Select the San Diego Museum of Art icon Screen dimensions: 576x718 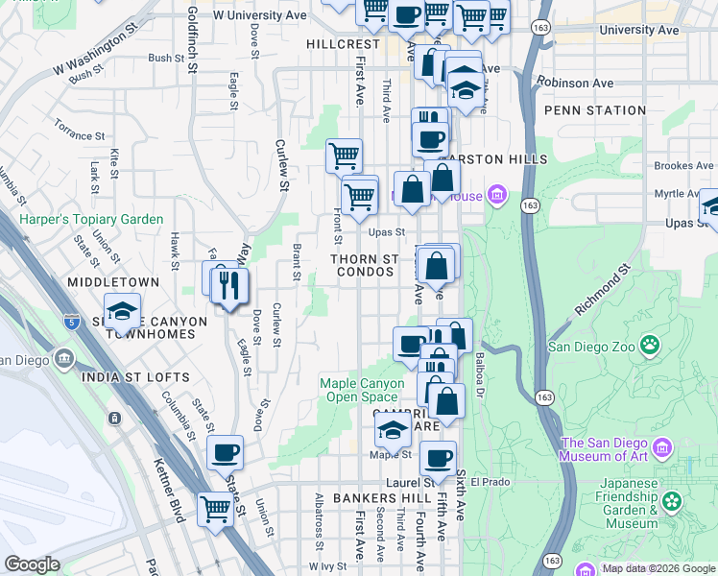pos(662,448)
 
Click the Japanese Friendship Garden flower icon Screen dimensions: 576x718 pos(671,500)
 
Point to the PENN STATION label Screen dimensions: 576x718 pos(594,110)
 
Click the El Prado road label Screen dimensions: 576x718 pos(490,482)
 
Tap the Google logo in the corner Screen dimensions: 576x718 pos(32,564)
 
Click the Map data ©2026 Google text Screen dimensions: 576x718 pos(658,568)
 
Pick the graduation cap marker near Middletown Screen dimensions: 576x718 pos(122,310)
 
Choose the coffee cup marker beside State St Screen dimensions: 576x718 pos(225,452)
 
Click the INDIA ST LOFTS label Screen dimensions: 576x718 pos(136,376)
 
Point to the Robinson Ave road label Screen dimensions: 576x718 pos(576,84)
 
